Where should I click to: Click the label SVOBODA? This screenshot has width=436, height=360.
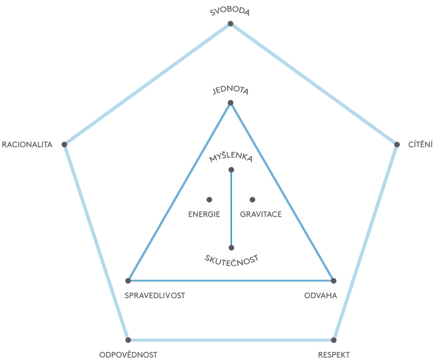tap(230, 12)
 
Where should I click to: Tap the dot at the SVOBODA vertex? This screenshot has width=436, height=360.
tap(230, 24)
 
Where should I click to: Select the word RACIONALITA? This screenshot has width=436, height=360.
tap(28, 144)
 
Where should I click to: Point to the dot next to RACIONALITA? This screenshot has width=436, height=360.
tap(64, 144)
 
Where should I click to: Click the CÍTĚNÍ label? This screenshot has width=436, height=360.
tap(421, 144)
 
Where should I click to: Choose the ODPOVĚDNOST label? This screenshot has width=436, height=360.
tap(128, 354)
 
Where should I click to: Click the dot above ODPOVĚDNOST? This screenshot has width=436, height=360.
tap(128, 340)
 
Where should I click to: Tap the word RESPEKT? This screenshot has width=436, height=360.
tap(334, 354)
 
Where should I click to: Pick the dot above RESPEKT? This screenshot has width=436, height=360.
tap(334, 340)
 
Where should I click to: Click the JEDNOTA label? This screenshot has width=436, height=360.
tap(230, 91)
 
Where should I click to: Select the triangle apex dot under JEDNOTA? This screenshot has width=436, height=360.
tap(230, 103)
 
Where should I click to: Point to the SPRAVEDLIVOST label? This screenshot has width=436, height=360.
tap(154, 296)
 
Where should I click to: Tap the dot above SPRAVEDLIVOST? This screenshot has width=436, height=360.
tap(128, 280)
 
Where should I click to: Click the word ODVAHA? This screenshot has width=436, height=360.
tap(320, 296)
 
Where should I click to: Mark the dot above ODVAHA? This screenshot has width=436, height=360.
tap(334, 280)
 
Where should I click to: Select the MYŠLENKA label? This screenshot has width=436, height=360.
tap(231, 157)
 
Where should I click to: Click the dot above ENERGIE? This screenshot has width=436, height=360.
tap(209, 200)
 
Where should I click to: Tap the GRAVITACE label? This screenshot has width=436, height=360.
tap(260, 214)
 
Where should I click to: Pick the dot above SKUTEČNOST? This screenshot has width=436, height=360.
tap(231, 248)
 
